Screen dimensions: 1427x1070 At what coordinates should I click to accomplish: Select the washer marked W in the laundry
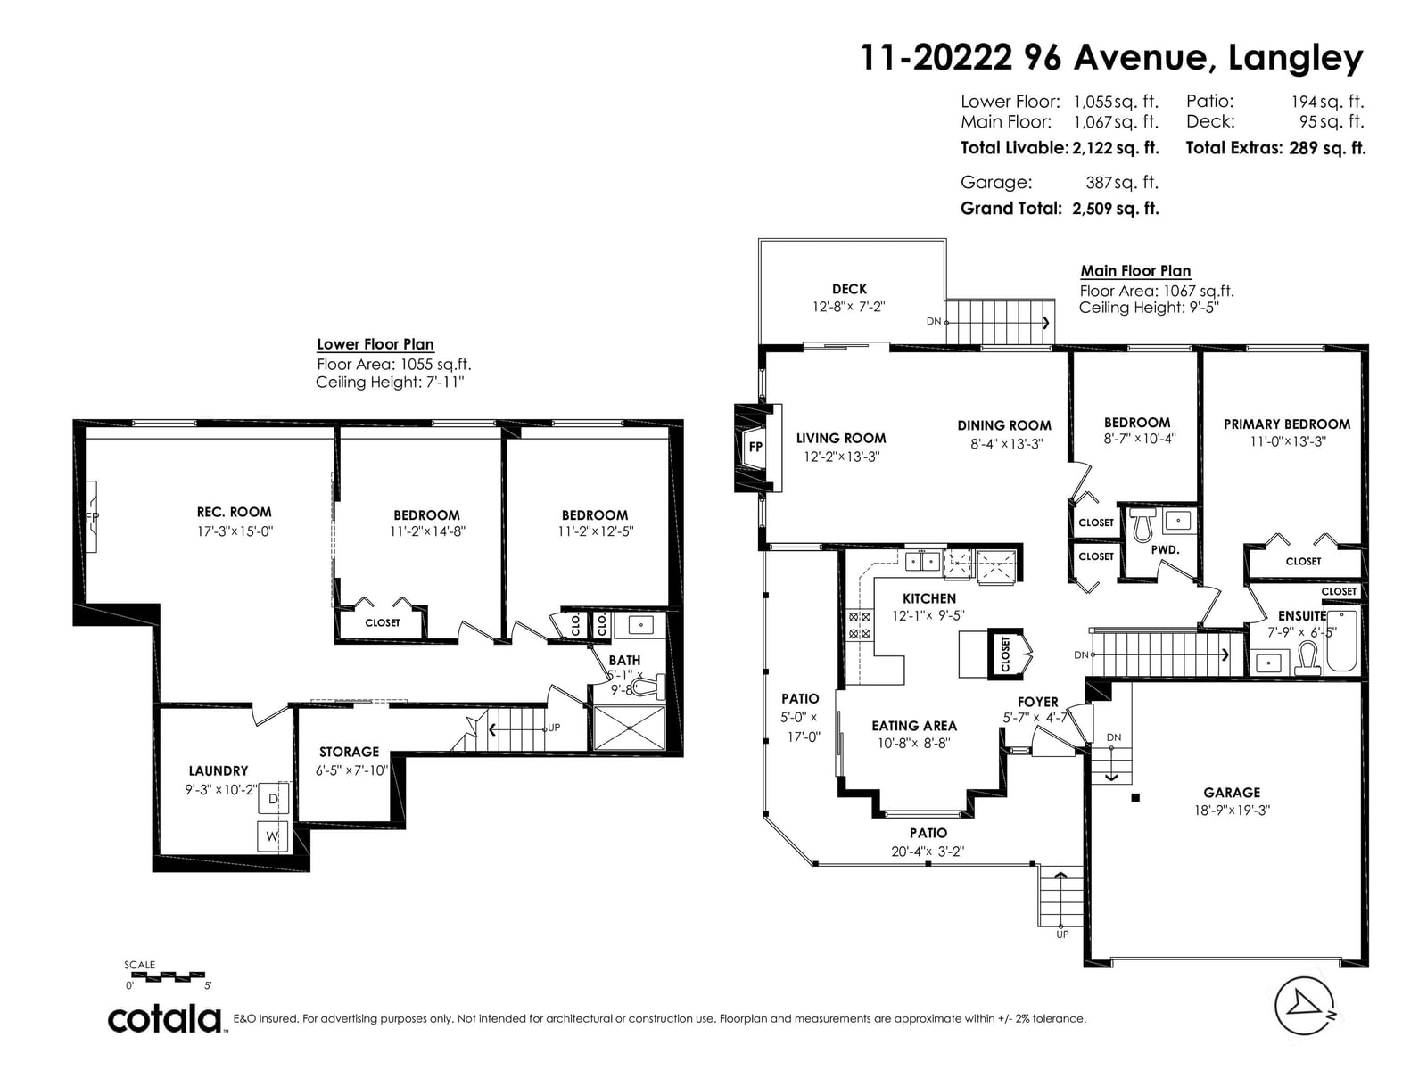[272, 836]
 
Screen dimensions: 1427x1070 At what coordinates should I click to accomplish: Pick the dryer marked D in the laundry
[273, 798]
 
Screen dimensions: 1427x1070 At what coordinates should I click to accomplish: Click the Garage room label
[1232, 792]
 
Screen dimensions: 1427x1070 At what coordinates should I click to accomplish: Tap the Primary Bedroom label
[1287, 424]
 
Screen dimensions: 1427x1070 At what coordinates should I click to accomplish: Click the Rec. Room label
[234, 512]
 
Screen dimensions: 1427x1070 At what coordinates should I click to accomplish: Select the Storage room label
[349, 752]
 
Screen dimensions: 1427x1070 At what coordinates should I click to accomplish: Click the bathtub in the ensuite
[1342, 640]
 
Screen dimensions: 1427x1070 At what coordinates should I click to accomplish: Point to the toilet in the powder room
[1142, 525]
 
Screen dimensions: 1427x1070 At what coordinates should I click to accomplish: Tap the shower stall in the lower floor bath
[630, 728]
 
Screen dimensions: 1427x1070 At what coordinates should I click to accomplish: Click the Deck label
[849, 289]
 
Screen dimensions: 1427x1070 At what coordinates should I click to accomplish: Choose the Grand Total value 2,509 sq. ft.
[1116, 209]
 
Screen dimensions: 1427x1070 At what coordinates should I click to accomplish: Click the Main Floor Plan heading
[1135, 271]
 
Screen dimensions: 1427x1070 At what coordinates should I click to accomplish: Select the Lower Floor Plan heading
[375, 344]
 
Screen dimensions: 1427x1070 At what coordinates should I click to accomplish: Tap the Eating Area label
[914, 726]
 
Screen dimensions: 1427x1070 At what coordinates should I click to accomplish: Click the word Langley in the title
[1295, 59]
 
